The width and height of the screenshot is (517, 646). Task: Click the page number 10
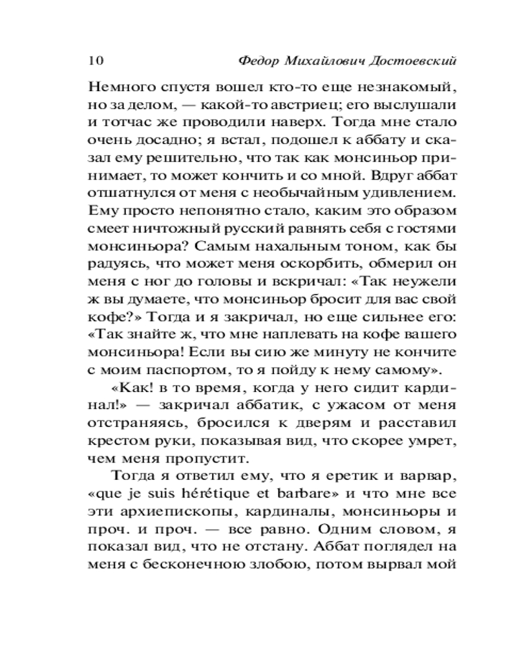[94, 61]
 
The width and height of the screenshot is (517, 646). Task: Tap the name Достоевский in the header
[408, 61]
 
